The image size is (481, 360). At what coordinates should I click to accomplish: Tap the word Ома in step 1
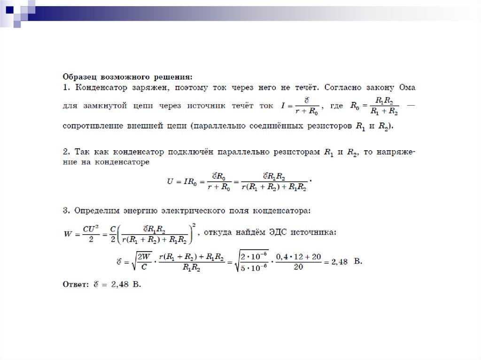[x=407, y=87]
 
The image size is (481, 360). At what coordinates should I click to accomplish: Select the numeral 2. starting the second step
[x=66, y=152]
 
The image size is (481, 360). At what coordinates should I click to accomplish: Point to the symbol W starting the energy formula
[x=67, y=233]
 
